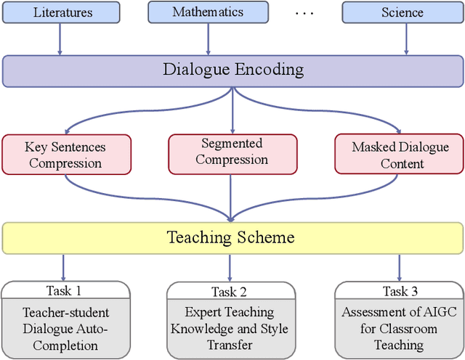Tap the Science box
point(402,12)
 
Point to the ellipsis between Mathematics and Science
point(305,13)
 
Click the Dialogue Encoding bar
point(232,70)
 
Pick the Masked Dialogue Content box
point(400,155)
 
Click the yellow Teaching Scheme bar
point(232,237)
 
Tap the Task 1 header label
point(64,290)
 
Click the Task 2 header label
point(230,292)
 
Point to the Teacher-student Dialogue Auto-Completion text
point(65,329)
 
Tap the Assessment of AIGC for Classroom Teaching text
point(399,329)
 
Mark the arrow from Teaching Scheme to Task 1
point(64,266)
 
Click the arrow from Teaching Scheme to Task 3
point(399,266)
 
